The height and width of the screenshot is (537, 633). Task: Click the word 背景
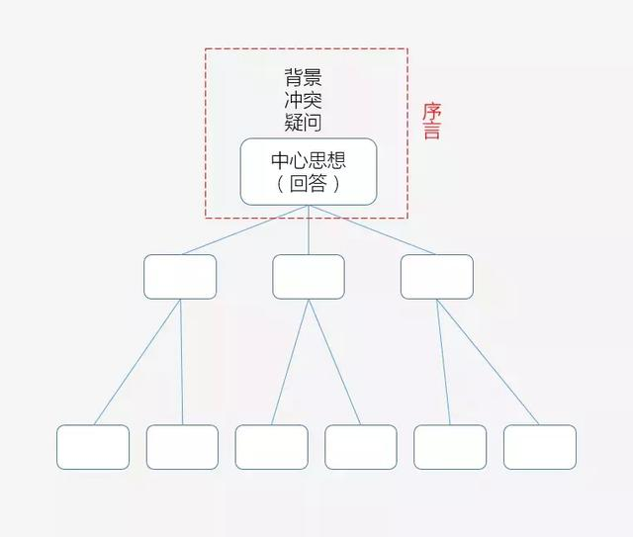[x=303, y=79]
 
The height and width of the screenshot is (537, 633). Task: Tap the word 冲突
[x=303, y=101]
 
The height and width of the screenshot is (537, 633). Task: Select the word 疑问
[x=303, y=123]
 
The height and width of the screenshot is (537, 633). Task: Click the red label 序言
[x=431, y=121]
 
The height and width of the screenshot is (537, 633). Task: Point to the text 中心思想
[x=309, y=160]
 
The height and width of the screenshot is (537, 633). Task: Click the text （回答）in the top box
[x=309, y=184]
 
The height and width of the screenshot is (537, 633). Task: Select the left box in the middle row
[x=180, y=277]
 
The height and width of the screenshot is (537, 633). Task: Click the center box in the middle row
[x=309, y=277]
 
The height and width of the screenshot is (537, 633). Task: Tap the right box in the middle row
[x=436, y=277]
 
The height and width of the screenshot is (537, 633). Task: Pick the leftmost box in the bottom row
[x=93, y=447]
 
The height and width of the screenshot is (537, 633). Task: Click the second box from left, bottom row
[x=182, y=447]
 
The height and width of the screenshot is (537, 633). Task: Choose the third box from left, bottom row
[x=271, y=447]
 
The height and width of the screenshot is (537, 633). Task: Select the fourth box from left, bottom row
[x=361, y=447]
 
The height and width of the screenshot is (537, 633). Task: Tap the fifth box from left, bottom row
[x=450, y=447]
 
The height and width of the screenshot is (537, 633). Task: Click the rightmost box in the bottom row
[x=540, y=447]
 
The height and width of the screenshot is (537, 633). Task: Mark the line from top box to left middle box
[x=244, y=230]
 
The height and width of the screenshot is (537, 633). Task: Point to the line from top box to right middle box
[x=373, y=230]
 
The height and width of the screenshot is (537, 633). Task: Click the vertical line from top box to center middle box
[x=309, y=230]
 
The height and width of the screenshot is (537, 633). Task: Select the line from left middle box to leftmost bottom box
[x=138, y=361]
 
